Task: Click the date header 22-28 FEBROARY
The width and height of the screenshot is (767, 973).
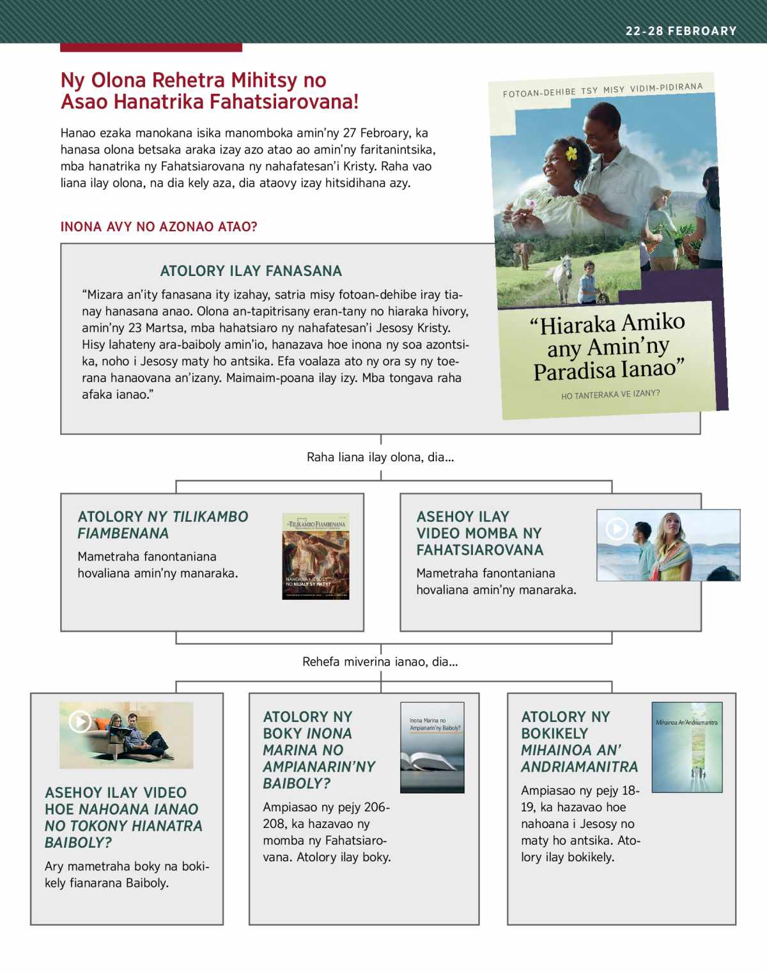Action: (681, 31)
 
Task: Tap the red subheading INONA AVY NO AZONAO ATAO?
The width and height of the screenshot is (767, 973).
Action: (159, 227)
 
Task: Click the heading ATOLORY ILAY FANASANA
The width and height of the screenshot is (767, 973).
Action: (251, 271)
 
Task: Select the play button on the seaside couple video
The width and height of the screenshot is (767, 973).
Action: (617, 529)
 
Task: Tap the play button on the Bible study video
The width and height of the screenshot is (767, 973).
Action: (80, 722)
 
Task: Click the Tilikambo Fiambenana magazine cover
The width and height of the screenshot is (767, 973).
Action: (316, 556)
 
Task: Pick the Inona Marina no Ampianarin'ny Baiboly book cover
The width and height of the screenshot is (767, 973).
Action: (432, 747)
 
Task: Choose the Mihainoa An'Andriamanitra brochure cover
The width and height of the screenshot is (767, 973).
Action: (686, 747)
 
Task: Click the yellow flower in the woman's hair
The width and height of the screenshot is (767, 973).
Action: (571, 153)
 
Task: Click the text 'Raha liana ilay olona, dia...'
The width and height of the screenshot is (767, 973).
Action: (380, 457)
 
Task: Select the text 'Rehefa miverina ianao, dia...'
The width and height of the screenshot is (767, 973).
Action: (380, 662)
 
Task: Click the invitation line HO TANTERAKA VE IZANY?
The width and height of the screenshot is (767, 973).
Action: (610, 395)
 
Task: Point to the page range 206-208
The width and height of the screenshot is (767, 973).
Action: (369, 808)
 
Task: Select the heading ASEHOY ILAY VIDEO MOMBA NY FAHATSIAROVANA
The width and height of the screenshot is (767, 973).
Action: (479, 533)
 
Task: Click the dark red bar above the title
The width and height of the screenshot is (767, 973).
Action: (151, 47)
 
